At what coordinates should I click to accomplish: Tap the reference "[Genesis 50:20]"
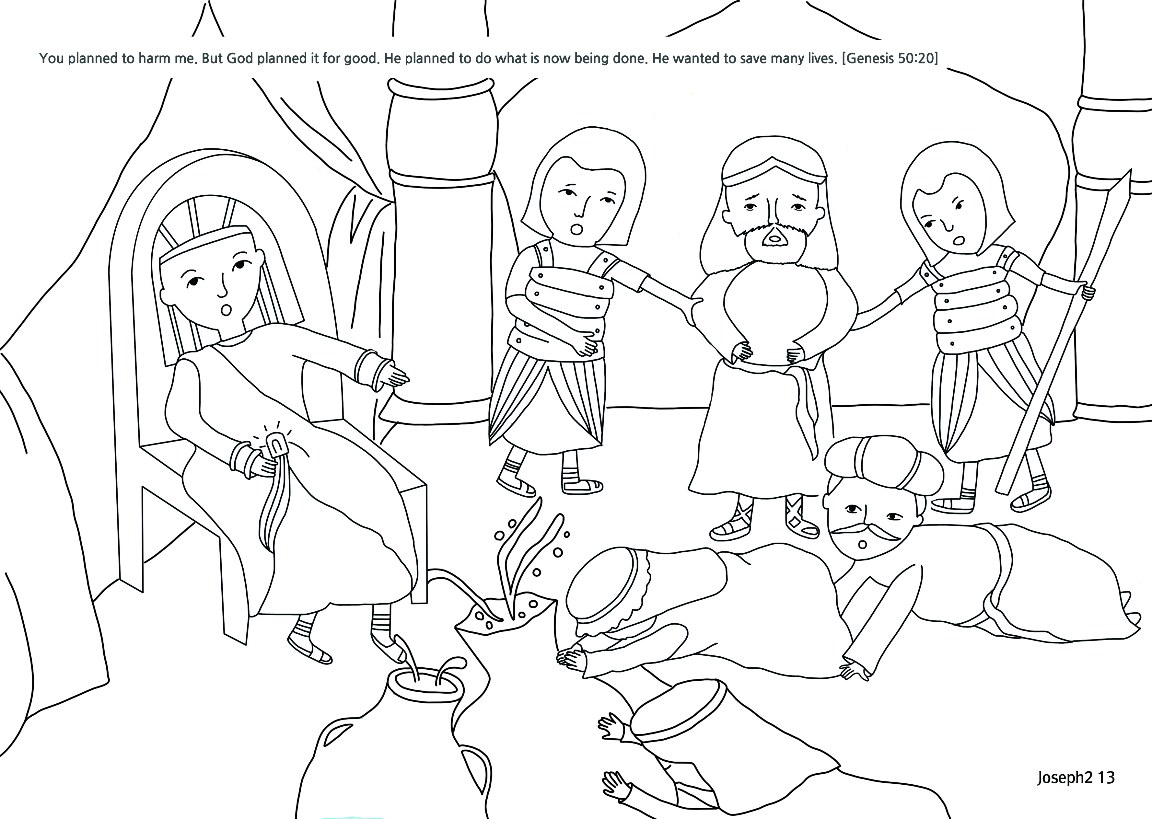tap(890, 59)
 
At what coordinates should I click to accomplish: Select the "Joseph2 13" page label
tap(1076, 777)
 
